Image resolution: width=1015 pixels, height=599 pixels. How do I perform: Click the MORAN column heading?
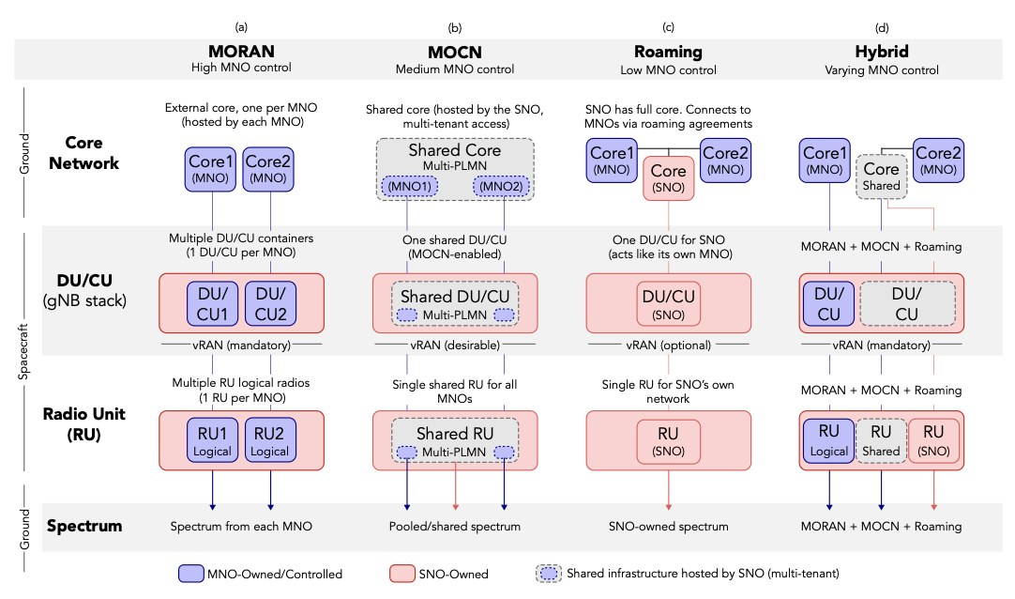pos(241,52)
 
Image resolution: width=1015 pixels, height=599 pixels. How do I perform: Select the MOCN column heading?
pos(454,52)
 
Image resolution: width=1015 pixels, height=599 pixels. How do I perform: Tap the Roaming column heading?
pos(668,52)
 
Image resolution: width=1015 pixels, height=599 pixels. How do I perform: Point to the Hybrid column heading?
pos(881,52)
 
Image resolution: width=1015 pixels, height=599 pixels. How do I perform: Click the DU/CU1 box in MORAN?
pos(213,302)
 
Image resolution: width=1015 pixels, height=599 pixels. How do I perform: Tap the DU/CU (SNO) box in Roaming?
pos(668,302)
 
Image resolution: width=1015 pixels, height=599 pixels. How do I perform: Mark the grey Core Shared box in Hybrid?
pos(881,177)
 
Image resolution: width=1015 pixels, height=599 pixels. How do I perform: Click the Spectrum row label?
pos(85,526)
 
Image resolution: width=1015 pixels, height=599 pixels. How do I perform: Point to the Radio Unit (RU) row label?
pos(85,424)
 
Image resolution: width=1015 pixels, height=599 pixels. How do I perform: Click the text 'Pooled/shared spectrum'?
pos(454,527)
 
